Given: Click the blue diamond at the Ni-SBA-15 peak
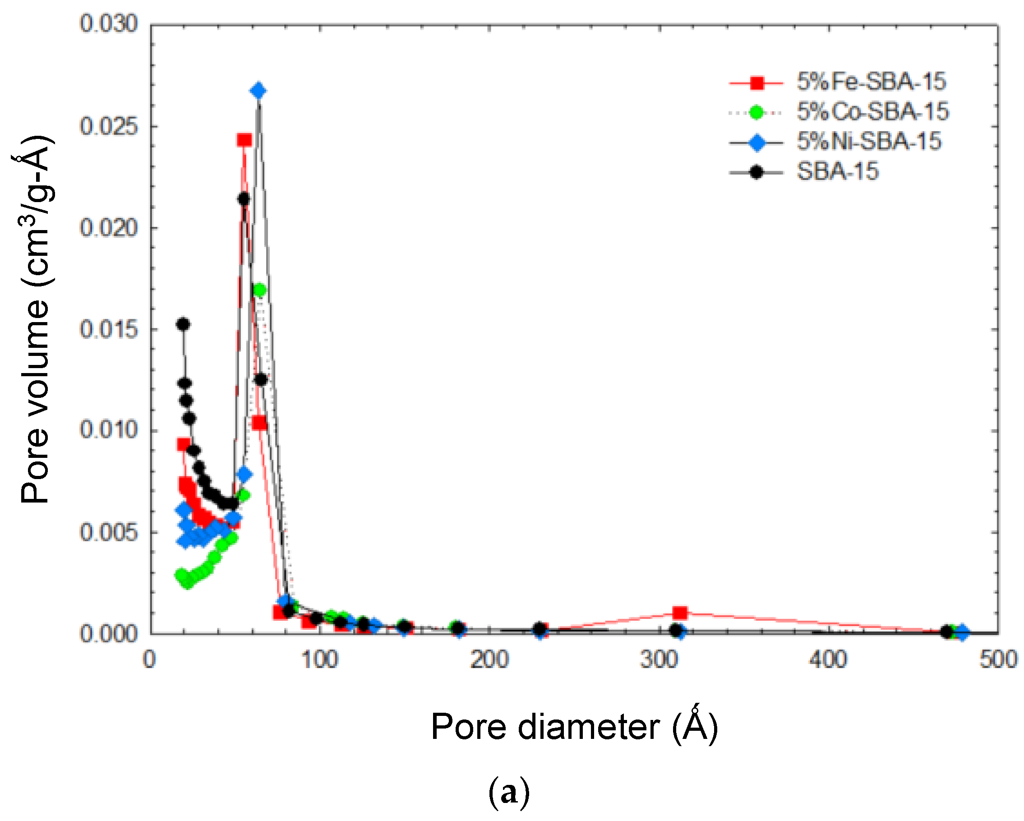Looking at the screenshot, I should (258, 91).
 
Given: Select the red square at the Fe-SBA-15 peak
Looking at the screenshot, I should (244, 139).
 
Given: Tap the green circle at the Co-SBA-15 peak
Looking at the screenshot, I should (259, 290).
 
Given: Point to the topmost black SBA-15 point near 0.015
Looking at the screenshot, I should (183, 324).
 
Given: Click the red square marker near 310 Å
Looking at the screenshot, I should (680, 613).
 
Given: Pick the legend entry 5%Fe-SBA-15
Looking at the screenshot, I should (871, 82).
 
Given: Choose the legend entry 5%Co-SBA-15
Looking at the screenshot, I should (872, 111).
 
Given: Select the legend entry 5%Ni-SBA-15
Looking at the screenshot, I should (869, 142).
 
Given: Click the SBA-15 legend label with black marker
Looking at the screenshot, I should (837, 171).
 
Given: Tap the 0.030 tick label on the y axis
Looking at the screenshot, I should (109, 23).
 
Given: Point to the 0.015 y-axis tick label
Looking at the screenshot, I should (109, 329).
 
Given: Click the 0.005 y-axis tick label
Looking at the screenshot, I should (109, 532).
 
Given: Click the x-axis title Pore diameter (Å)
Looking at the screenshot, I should (574, 727).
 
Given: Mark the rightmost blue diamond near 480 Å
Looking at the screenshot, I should (962, 632).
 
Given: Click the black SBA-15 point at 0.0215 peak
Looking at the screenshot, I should (244, 199).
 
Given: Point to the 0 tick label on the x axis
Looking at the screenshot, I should (150, 660).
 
